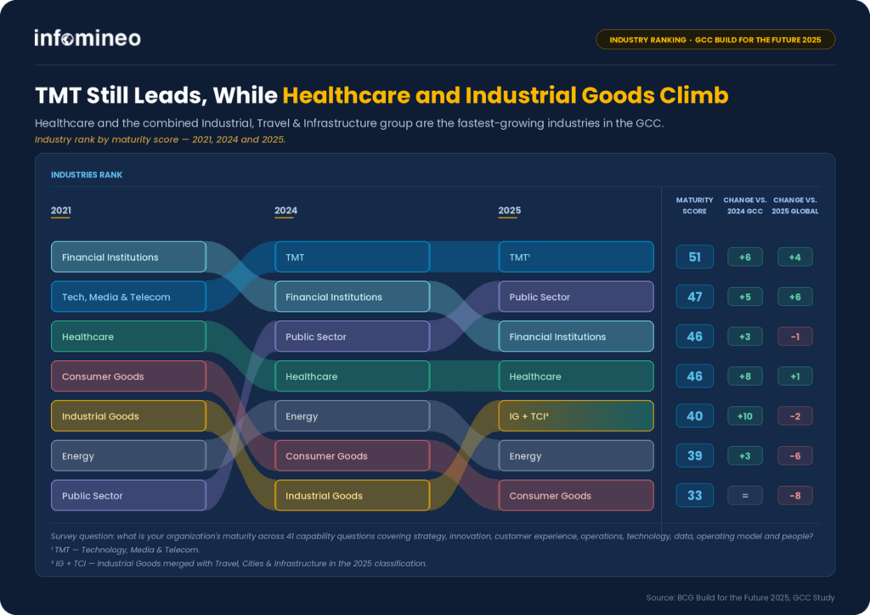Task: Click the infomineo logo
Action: click(88, 37)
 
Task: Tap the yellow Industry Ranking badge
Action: click(715, 39)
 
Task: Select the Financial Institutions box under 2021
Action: click(129, 257)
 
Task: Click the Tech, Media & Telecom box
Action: click(129, 296)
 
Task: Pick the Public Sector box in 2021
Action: click(129, 495)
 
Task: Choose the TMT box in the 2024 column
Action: click(353, 257)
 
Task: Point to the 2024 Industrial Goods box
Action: click(353, 495)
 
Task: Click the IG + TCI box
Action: click(576, 416)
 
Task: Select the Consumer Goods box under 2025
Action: click(576, 495)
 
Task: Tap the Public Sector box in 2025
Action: click(576, 296)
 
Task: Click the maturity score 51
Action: click(695, 257)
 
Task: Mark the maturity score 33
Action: click(695, 495)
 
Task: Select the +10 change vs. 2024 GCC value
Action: click(744, 416)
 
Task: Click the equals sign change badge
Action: click(744, 495)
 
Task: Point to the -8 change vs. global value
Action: click(795, 495)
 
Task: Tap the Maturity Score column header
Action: click(695, 206)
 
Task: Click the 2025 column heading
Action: click(510, 211)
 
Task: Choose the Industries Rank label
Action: click(87, 175)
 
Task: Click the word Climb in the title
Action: click(693, 95)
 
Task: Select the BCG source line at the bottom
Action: click(740, 597)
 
